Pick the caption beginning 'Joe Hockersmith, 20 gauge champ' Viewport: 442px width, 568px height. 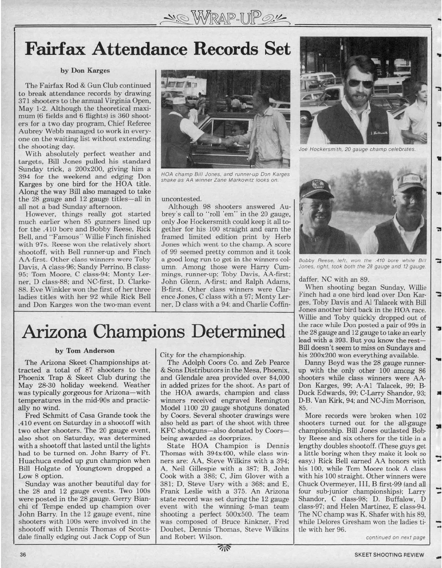coord(358,149)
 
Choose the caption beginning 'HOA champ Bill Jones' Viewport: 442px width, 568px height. coord(225,177)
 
